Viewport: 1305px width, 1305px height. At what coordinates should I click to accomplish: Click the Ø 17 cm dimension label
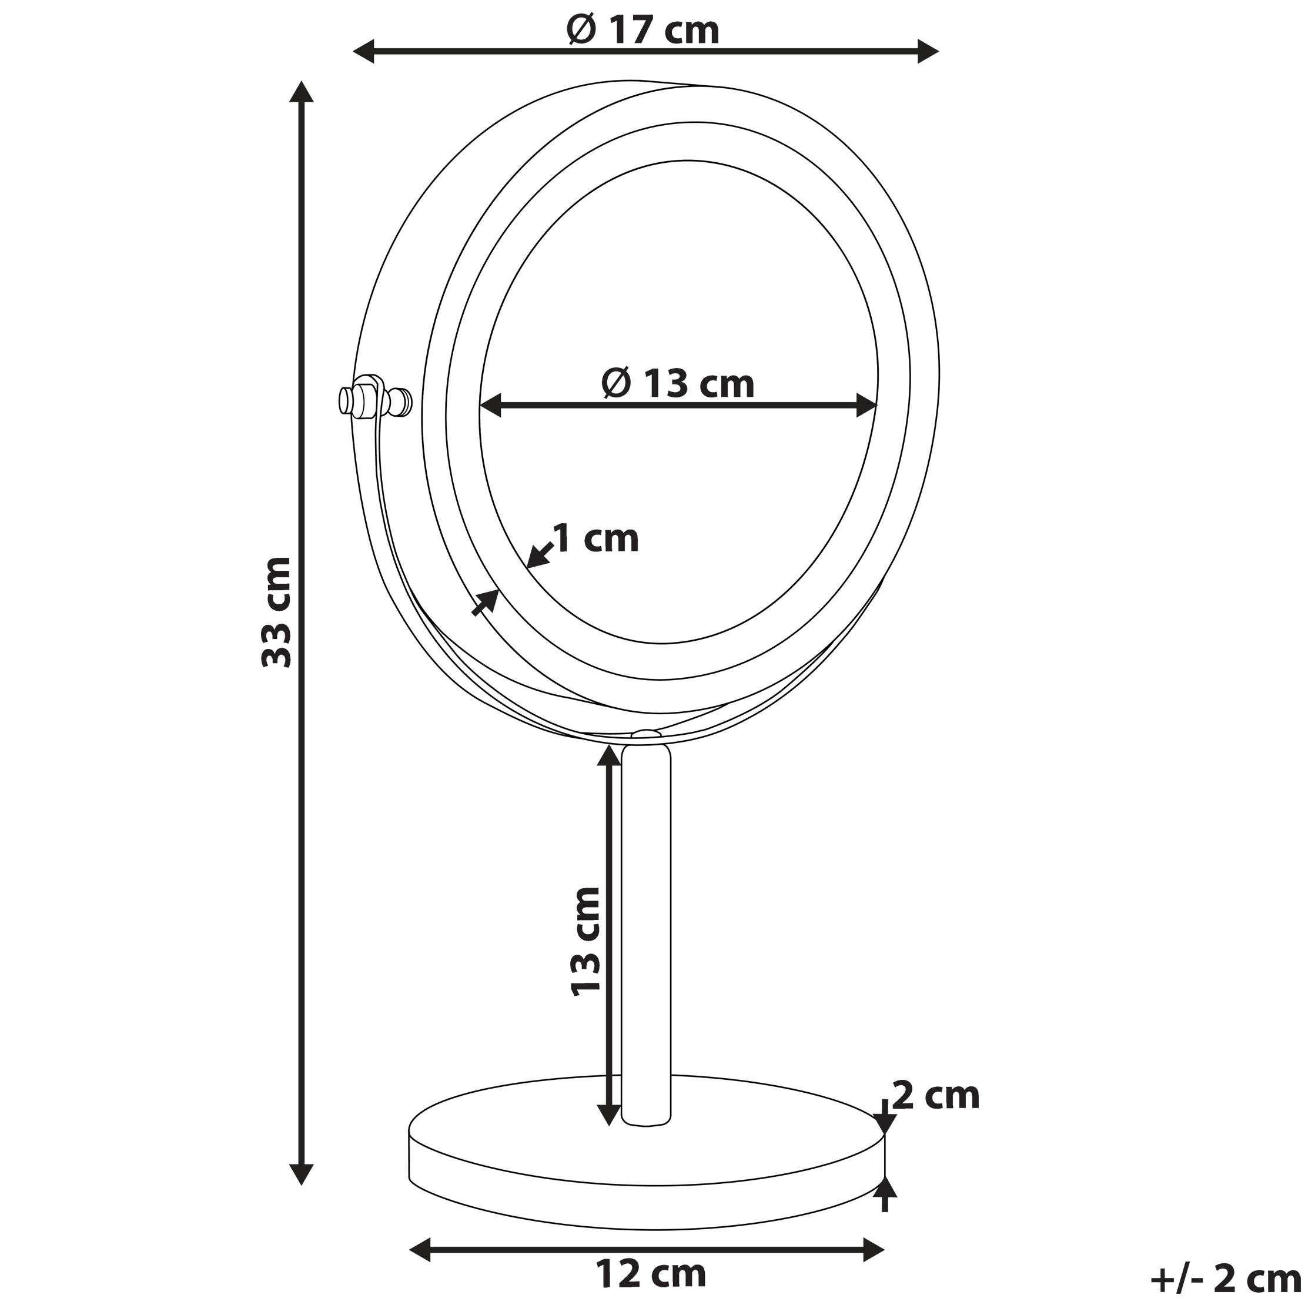(643, 31)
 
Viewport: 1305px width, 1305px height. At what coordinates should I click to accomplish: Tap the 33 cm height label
(277, 612)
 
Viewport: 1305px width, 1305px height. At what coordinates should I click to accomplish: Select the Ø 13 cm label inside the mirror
(678, 384)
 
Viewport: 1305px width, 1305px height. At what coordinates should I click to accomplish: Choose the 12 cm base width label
(651, 1274)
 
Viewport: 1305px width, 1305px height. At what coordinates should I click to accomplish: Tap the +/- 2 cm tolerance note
(1225, 1279)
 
